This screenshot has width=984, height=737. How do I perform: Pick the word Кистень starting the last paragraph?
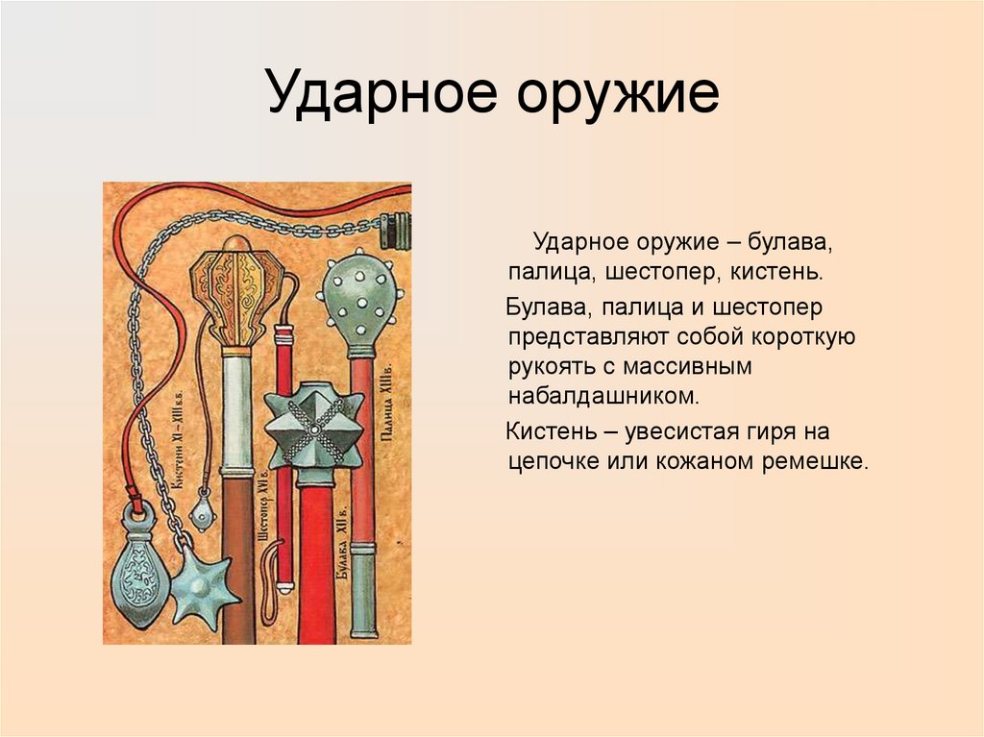click(x=545, y=430)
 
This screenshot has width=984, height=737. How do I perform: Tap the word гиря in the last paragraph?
click(x=761, y=430)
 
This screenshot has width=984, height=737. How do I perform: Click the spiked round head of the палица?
click(x=360, y=298)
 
